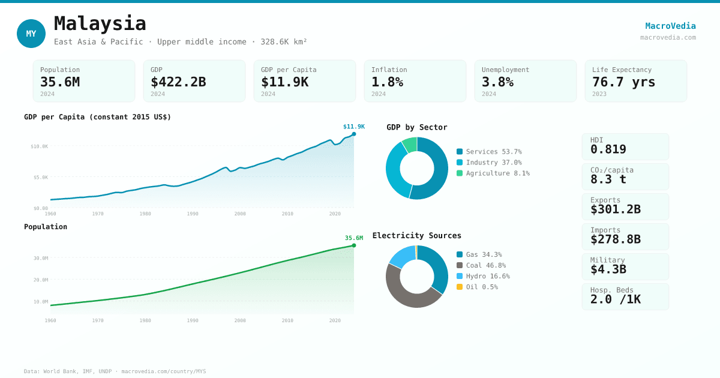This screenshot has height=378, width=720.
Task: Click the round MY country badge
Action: coord(31,34)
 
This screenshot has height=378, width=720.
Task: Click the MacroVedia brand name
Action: coord(670,26)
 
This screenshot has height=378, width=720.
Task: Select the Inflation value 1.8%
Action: coord(387,82)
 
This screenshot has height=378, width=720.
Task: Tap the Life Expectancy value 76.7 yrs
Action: coord(623,82)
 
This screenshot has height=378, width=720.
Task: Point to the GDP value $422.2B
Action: coord(178,82)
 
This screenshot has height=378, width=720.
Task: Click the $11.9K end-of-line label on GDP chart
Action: coord(354,127)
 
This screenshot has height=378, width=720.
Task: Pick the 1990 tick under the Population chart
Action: coord(193,320)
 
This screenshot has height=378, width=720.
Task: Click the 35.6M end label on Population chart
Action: coord(354,238)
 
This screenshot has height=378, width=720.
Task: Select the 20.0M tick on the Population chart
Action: coord(41,280)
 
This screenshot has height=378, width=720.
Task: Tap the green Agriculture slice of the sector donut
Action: coord(410,144)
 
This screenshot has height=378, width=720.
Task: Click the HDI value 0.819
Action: coord(608,149)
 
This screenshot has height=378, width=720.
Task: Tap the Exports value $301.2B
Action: coord(616,209)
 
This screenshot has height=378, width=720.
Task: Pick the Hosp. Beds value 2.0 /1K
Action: coord(616,299)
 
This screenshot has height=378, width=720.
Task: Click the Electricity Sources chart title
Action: coord(417,236)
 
